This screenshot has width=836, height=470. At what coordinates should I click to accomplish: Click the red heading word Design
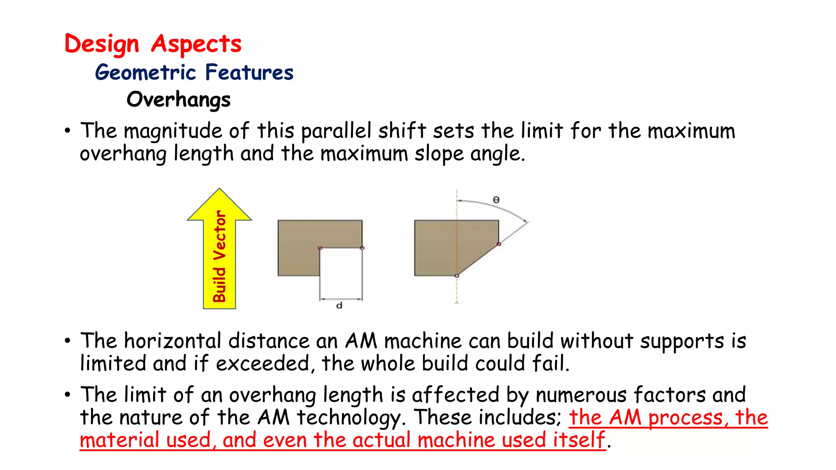point(102,44)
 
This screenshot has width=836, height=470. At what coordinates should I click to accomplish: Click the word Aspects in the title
point(196,44)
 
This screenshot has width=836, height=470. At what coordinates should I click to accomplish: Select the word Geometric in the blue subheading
point(146,73)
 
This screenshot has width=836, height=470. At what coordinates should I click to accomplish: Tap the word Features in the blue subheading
point(249,72)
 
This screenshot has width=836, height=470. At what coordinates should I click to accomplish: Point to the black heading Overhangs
point(178,100)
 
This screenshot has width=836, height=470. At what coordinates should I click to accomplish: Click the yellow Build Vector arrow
point(220,253)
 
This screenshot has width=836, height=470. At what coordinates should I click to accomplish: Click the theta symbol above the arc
point(496,200)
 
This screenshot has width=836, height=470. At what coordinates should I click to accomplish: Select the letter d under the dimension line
point(339,305)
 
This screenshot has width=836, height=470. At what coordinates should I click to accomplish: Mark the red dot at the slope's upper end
point(498,244)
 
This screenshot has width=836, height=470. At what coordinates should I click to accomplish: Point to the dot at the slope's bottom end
point(457,276)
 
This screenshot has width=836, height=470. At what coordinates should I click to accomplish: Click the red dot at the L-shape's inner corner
point(320,248)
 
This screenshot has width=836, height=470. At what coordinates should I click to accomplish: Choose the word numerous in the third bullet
point(580,395)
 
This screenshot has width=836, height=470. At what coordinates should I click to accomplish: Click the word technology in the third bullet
point(351,418)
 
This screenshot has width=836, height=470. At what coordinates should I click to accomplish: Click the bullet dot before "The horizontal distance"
point(67,341)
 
